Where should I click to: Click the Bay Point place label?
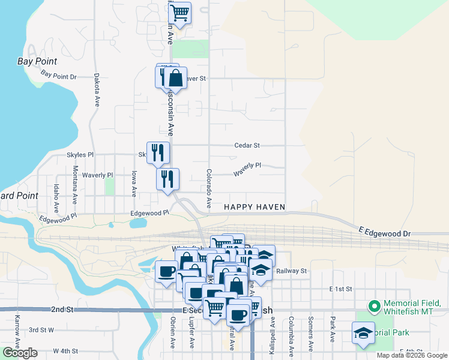pos(37,61)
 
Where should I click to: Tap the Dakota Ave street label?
pos(96,89)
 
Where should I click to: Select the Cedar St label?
pos(247,145)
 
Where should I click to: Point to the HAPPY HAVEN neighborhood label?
pos(254,207)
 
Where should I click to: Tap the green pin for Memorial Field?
pos(375,307)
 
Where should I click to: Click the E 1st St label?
pos(340,289)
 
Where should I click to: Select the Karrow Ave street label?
pos(17,326)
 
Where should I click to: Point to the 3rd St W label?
pos(41,330)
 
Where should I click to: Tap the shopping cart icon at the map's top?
pos(180,13)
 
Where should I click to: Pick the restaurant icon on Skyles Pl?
pos(158,152)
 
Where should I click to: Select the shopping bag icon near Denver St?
pos(175,78)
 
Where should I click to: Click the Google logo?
pos(20,353)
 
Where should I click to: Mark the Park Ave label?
pos(331,329)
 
